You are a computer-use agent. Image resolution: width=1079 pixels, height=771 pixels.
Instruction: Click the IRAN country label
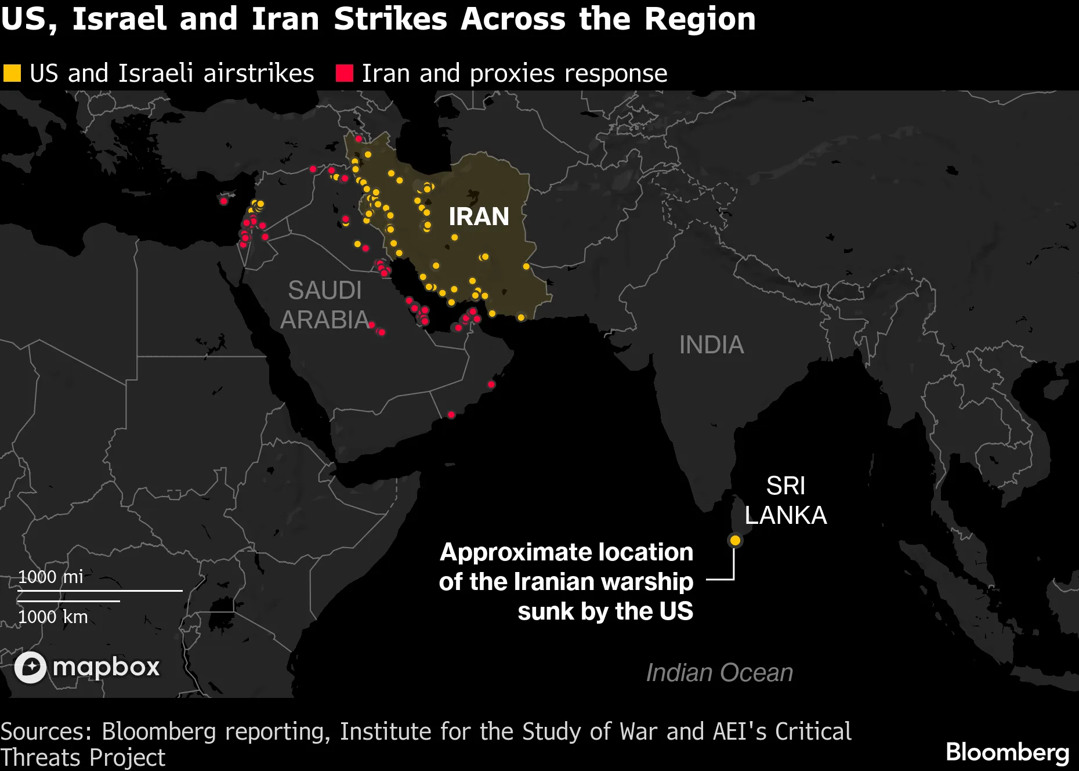click(x=479, y=216)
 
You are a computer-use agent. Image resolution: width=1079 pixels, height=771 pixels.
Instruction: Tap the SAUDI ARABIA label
click(x=324, y=305)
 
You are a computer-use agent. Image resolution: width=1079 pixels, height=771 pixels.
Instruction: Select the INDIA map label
click(x=711, y=345)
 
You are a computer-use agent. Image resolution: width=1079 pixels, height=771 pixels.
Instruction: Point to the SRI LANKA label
click(x=785, y=501)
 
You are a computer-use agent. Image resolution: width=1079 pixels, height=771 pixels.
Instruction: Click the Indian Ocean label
click(x=719, y=673)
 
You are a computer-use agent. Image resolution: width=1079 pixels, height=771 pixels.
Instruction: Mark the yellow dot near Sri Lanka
click(x=735, y=541)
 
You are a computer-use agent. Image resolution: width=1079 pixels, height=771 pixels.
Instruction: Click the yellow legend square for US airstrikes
click(x=12, y=73)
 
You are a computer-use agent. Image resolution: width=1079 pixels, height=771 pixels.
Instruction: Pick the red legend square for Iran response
click(x=345, y=73)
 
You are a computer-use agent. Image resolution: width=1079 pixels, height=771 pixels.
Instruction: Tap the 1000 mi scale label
click(x=50, y=577)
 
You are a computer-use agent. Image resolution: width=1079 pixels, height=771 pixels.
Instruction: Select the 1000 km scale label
click(x=53, y=617)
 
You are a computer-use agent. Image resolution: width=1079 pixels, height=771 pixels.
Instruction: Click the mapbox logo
click(x=87, y=667)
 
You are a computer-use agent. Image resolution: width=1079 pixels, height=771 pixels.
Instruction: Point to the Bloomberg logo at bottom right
click(x=1008, y=752)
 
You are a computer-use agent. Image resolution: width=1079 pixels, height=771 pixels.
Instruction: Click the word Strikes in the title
click(x=390, y=19)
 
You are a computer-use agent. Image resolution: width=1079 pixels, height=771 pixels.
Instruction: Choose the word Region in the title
click(x=700, y=19)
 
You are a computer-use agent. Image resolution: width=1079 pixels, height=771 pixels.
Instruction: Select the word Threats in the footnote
click(x=41, y=758)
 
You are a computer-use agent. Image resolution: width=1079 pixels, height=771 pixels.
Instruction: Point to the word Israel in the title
click(x=119, y=19)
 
